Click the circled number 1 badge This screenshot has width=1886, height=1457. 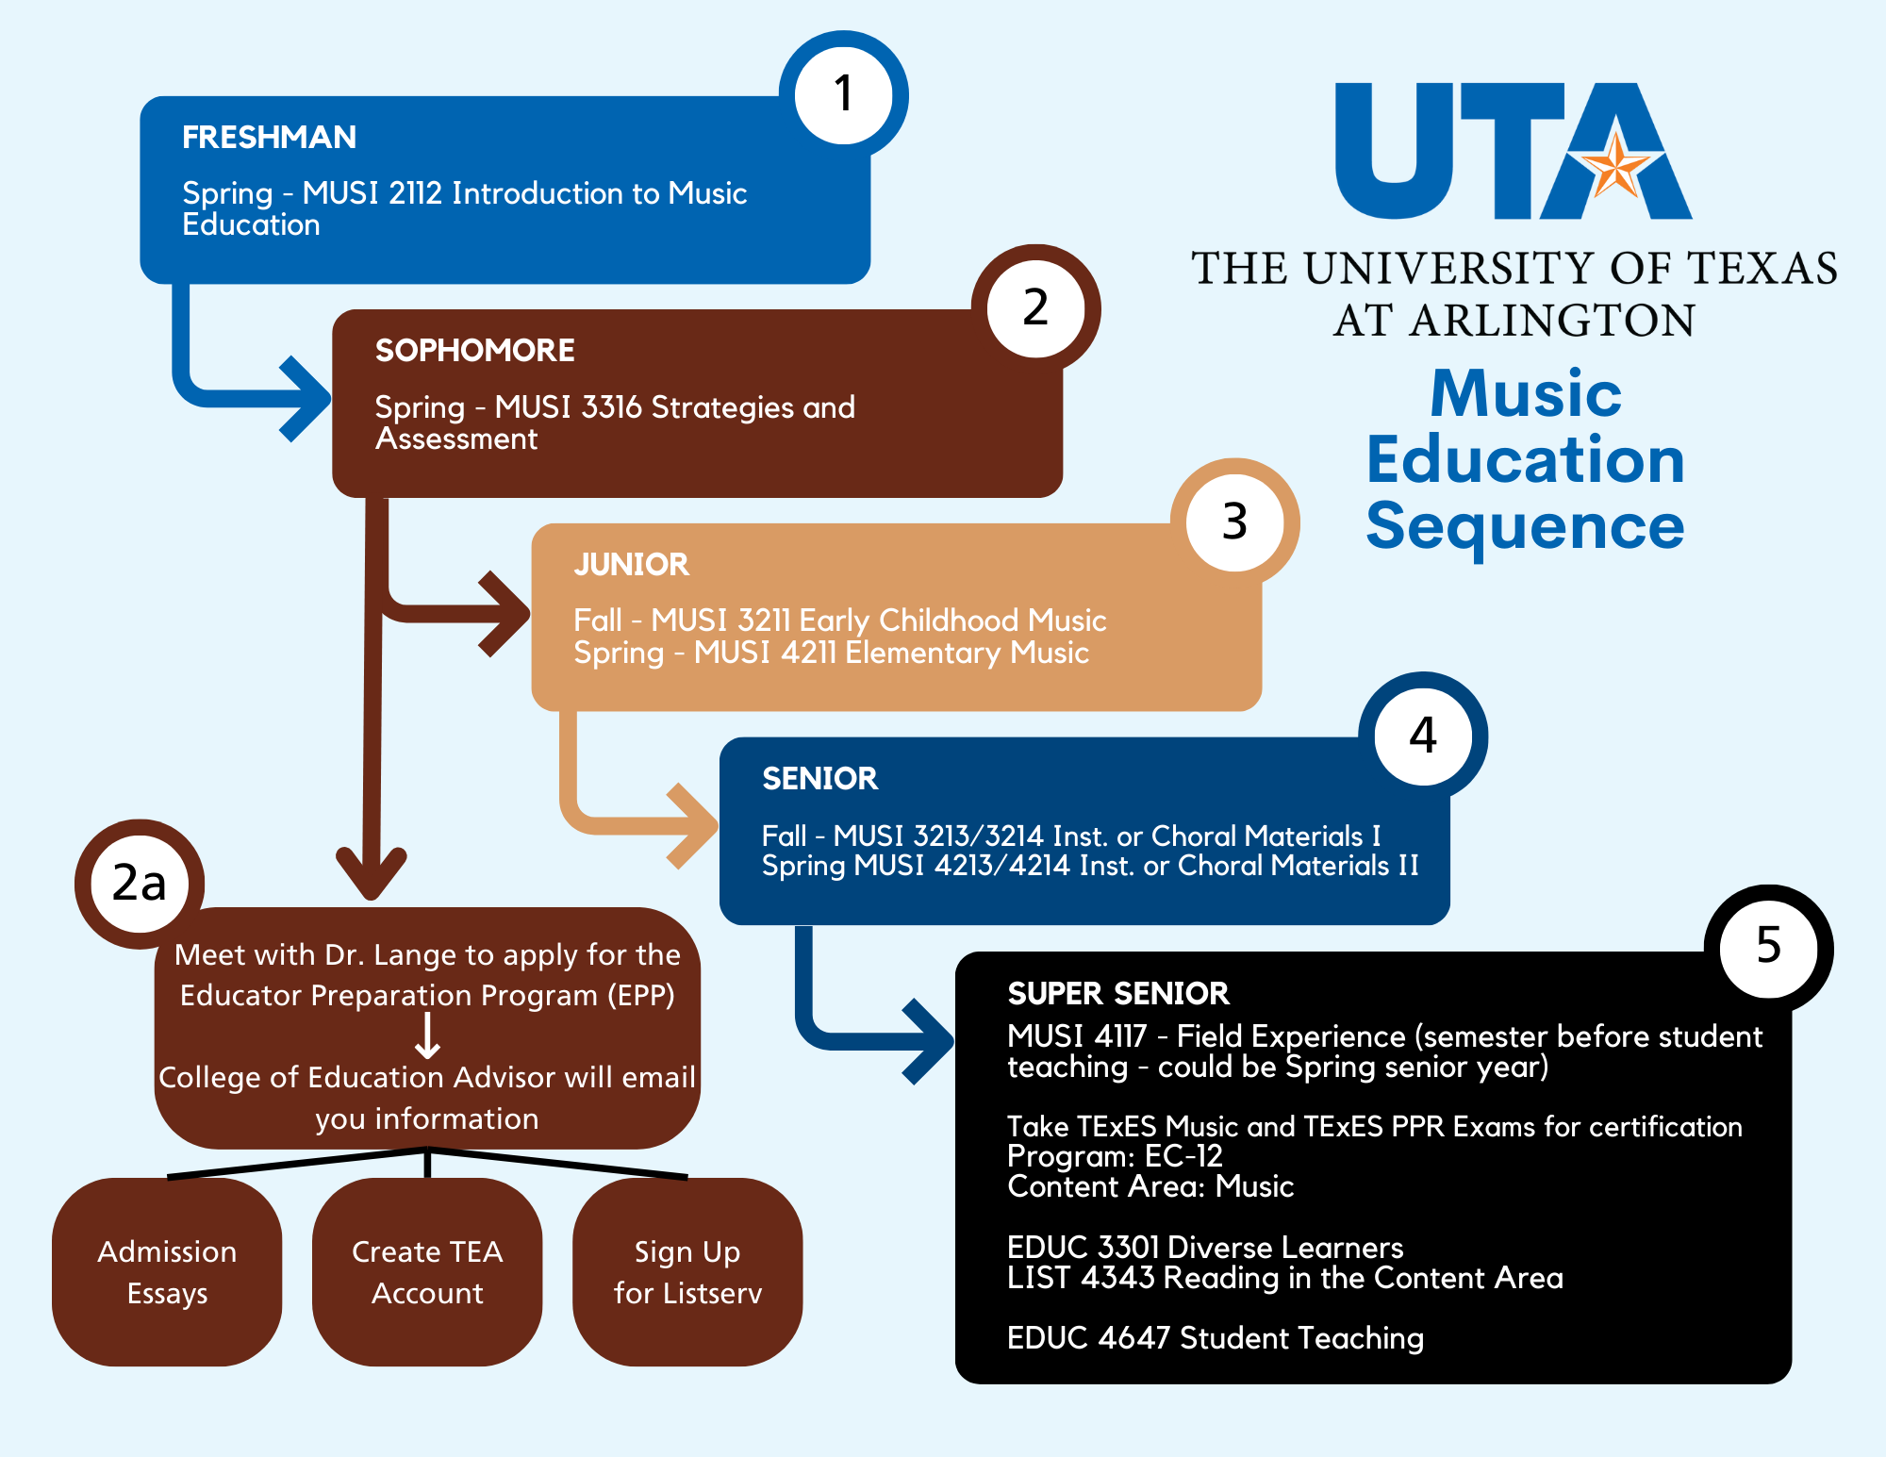(x=843, y=94)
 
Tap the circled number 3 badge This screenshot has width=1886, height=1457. (x=1234, y=522)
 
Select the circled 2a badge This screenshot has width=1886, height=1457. (x=140, y=884)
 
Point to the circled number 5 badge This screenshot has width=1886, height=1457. (x=1768, y=947)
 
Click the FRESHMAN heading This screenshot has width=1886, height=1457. (x=269, y=138)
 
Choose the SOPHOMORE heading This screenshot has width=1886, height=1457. (x=474, y=351)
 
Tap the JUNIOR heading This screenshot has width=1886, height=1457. (x=631, y=565)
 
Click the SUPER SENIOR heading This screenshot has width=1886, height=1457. (x=1117, y=994)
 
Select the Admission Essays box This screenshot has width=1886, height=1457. (x=167, y=1272)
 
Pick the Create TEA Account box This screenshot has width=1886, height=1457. (x=427, y=1272)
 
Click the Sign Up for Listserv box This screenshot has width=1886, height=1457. (x=687, y=1272)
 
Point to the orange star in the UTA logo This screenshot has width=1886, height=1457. (x=1615, y=167)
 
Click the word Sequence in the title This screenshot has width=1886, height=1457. (x=1525, y=526)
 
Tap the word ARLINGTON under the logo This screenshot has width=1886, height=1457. (x=1552, y=321)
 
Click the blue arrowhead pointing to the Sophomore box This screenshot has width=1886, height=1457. (x=306, y=399)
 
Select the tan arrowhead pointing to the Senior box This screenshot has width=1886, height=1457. (x=694, y=826)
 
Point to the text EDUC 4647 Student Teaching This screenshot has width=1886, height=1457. (x=1215, y=1338)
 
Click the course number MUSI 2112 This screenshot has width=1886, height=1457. (x=372, y=193)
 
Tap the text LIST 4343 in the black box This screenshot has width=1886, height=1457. (x=1081, y=1279)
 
